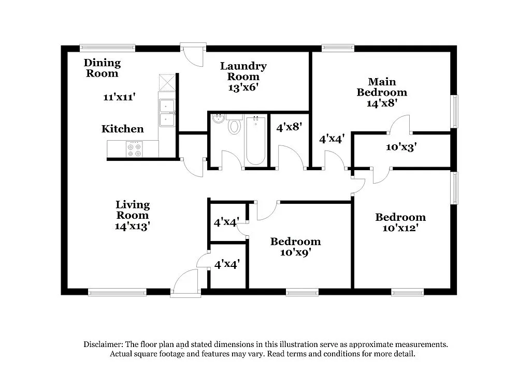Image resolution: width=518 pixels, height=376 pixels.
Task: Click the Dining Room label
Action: [x=102, y=68]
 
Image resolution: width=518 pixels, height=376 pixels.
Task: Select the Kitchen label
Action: [x=122, y=129]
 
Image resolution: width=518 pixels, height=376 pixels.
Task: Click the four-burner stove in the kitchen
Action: [x=134, y=149]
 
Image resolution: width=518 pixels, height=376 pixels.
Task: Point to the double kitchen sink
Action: [x=167, y=113]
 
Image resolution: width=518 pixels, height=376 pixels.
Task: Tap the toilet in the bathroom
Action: [x=235, y=125]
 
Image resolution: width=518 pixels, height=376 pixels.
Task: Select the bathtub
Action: [x=255, y=141]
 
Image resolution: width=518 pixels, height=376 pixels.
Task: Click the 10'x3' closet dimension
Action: [x=401, y=147]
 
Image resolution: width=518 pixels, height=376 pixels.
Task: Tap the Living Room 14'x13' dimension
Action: [x=133, y=226]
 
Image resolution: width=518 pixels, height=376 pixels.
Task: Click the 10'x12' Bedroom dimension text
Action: [x=400, y=228]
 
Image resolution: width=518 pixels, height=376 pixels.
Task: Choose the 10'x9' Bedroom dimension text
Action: [x=295, y=252]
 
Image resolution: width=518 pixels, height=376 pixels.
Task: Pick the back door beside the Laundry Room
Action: [x=193, y=55]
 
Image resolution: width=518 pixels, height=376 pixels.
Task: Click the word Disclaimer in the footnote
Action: [x=103, y=344]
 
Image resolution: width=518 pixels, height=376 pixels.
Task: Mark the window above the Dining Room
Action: [x=107, y=48]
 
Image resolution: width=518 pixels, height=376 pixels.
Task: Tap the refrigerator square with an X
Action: [x=167, y=83]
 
